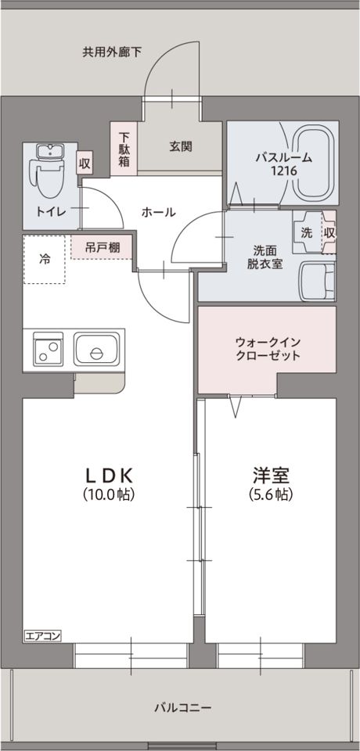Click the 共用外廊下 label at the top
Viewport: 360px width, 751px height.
click(113, 52)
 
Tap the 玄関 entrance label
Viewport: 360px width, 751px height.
click(181, 146)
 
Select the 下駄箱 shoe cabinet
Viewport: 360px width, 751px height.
click(124, 149)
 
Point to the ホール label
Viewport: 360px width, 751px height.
click(158, 212)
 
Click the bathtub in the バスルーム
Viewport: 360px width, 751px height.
click(320, 161)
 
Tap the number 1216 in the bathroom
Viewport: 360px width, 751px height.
click(283, 170)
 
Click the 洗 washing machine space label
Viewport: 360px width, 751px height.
click(307, 232)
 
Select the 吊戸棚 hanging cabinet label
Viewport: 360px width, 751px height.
click(103, 248)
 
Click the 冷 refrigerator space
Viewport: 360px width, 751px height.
click(45, 259)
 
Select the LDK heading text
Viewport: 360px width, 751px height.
click(110, 475)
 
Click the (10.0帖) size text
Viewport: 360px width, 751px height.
click(110, 494)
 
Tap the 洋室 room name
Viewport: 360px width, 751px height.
click(271, 475)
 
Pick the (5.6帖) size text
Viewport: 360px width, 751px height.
click(271, 494)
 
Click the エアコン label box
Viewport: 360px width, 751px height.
click(42, 634)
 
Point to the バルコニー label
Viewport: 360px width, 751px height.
click(182, 708)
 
